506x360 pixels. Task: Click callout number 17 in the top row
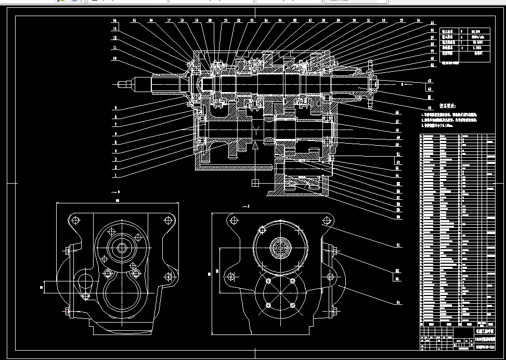[x=168, y=21]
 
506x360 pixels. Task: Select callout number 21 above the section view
[x=225, y=21]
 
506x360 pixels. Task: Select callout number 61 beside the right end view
[x=397, y=244]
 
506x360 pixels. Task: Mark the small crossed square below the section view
[x=254, y=182]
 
